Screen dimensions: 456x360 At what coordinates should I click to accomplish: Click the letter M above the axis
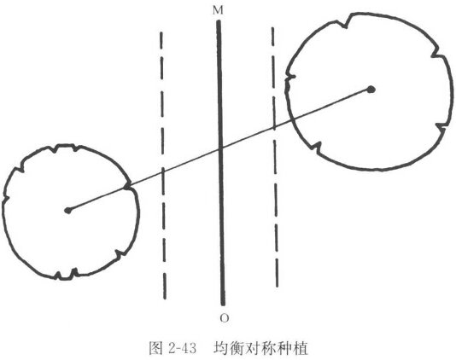tap(218, 10)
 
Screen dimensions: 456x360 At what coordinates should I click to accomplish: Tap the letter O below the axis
tap(224, 318)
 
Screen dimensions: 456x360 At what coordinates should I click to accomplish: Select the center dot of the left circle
tap(68, 210)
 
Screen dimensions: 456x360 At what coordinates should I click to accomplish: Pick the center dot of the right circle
tap(371, 90)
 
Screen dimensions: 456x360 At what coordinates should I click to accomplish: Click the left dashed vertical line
tap(163, 165)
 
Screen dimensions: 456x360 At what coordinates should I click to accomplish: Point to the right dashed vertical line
tap(274, 157)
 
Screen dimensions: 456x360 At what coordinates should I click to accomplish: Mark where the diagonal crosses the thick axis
tap(220, 149)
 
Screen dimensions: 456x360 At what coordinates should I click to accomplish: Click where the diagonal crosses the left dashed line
tap(163, 172)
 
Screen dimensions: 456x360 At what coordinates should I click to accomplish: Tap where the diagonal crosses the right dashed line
tap(274, 128)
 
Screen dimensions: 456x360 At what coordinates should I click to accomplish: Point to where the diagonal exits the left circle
tap(129, 186)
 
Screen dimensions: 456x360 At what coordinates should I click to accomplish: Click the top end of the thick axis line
tap(219, 20)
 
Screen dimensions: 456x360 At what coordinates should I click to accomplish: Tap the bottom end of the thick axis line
tap(223, 305)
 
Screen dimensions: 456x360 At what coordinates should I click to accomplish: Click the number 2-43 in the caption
tap(183, 348)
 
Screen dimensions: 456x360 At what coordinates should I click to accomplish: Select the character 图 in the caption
tap(156, 348)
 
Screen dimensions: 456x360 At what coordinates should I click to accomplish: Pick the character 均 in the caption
tap(220, 348)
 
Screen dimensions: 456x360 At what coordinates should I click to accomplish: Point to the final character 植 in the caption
tap(301, 348)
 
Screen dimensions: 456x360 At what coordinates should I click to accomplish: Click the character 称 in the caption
tap(268, 348)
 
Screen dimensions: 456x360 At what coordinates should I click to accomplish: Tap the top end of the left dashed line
tap(161, 32)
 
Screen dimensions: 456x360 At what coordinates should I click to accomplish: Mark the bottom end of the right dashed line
tap(277, 287)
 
